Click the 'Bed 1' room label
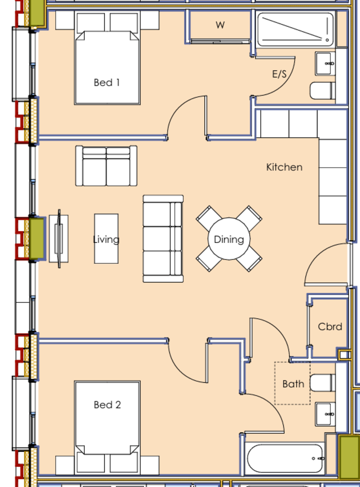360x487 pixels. [106, 83]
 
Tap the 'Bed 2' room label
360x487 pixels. [107, 405]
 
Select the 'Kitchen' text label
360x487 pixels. [284, 167]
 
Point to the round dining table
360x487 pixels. [229, 239]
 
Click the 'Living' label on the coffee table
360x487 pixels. [106, 239]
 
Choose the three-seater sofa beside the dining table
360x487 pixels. [163, 239]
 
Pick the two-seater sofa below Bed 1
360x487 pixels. [106, 166]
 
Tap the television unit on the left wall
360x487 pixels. [59, 239]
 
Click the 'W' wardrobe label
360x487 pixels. [220, 25]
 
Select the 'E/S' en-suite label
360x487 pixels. [279, 74]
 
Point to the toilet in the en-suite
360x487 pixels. [322, 91]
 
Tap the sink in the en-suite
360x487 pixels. [326, 63]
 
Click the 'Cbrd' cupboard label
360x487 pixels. [330, 327]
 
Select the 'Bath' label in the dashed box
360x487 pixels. [293, 384]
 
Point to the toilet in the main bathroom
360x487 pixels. [322, 383]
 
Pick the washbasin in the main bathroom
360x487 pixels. [326, 414]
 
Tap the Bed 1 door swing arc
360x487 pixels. [185, 116]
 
